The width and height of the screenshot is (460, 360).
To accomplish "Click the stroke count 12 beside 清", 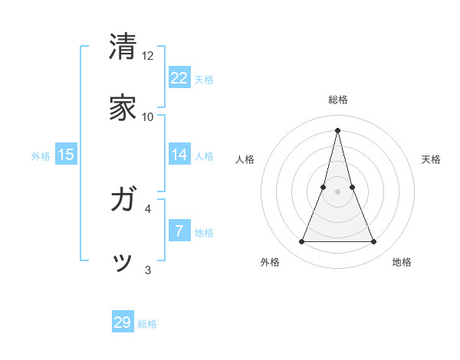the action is pyautogui.click(x=148, y=56).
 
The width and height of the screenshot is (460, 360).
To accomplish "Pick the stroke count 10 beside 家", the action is pyautogui.click(x=148, y=117).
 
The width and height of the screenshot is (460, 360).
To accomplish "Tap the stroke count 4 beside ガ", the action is pyautogui.click(x=148, y=208).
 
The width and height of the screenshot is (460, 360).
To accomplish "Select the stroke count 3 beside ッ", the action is pyautogui.click(x=148, y=270).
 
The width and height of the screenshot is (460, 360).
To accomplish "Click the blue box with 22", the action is pyautogui.click(x=179, y=77).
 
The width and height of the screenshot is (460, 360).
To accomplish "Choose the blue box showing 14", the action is pyautogui.click(x=179, y=155).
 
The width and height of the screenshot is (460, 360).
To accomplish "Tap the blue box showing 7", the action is pyautogui.click(x=179, y=231).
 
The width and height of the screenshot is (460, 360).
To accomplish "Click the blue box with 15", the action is pyautogui.click(x=66, y=155).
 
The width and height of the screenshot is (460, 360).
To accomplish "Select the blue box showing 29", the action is pyautogui.click(x=123, y=322).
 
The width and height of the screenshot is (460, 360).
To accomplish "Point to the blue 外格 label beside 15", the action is pyautogui.click(x=41, y=156).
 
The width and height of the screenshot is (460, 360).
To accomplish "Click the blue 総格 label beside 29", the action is pyautogui.click(x=147, y=324).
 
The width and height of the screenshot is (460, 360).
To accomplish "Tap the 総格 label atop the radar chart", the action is pyautogui.click(x=337, y=100).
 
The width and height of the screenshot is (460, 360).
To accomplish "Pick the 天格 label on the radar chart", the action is pyautogui.click(x=431, y=159).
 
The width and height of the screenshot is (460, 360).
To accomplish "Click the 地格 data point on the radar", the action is pyautogui.click(x=373, y=242).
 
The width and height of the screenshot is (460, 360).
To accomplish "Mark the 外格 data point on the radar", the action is pyautogui.click(x=301, y=242).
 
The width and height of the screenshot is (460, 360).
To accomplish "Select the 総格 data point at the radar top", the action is pyautogui.click(x=337, y=129).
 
